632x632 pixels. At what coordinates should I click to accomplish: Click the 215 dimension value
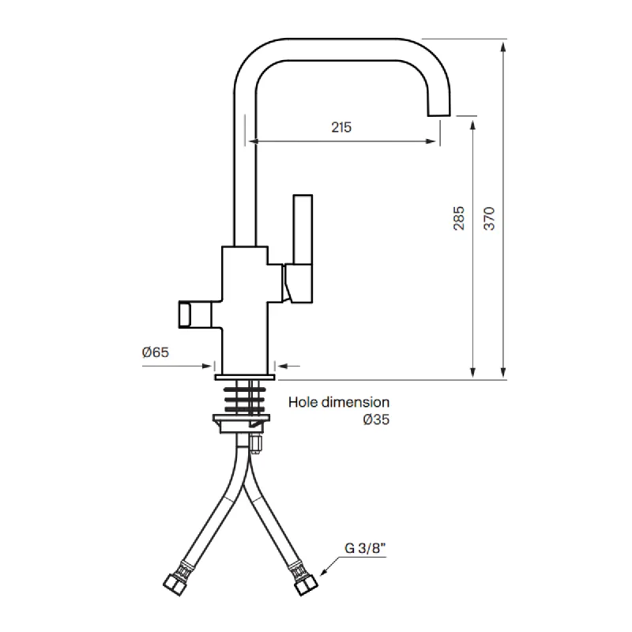tap(340, 126)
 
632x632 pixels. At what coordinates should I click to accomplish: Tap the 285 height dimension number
tap(460, 218)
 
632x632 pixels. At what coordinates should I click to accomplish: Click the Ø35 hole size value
tap(376, 420)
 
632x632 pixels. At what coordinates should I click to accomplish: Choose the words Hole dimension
tap(339, 402)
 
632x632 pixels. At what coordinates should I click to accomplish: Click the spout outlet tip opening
tap(440, 115)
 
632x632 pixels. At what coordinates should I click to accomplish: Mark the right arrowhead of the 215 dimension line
tap(431, 142)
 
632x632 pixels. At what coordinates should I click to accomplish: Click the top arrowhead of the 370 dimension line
tap(503, 43)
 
